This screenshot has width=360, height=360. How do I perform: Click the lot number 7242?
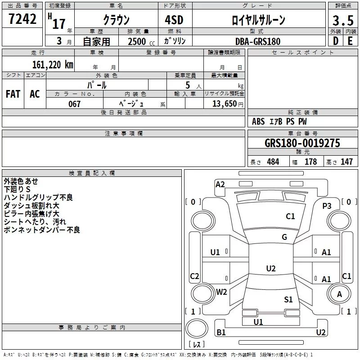pos(22,19)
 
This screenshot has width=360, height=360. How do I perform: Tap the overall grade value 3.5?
pos(342,21)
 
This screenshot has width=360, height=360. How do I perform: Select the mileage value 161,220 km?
pos(53,64)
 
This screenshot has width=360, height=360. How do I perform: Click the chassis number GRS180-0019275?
pos(302,143)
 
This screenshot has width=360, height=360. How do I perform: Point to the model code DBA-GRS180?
pos(258,41)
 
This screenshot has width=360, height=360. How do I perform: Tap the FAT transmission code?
pos(13,94)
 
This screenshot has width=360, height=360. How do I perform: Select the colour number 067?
pos(75,104)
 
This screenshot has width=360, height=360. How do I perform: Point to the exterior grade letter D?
pos(335,40)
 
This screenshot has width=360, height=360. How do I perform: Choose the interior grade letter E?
pos(350,40)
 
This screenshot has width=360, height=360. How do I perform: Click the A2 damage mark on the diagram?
pos(220,184)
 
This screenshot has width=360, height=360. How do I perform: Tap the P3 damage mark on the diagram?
pos(327,206)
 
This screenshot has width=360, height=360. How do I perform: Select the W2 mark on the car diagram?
pos(221,292)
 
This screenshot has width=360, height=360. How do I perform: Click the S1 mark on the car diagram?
pos(288,299)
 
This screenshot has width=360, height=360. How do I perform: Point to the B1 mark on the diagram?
pos(221,333)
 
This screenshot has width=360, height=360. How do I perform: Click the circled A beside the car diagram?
pos(339,294)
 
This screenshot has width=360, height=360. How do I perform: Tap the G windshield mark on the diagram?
pos(284,237)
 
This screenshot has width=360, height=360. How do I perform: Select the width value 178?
pos(311,162)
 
